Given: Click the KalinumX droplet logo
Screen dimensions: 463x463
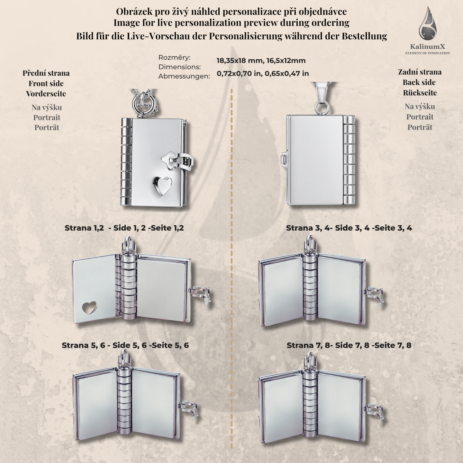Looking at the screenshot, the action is tap(427, 24).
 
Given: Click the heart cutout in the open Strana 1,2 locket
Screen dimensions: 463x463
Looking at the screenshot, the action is tap(90, 308).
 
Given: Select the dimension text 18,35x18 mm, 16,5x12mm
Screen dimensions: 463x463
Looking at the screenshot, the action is tap(261, 61).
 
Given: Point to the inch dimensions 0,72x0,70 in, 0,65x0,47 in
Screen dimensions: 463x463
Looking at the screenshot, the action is tap(263, 73).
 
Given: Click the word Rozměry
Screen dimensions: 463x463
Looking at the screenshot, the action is tap(174, 57).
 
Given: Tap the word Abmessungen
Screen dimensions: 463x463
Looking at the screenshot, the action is tap(184, 76).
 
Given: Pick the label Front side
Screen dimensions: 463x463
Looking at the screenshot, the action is tap(46, 83).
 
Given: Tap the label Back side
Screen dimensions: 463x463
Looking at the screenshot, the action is tap(419, 83).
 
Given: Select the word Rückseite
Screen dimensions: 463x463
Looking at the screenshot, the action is tap(420, 93).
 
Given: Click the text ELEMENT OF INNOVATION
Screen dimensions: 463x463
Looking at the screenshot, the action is tap(428, 53).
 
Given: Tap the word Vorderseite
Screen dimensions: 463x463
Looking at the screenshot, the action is tap(46, 94).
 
